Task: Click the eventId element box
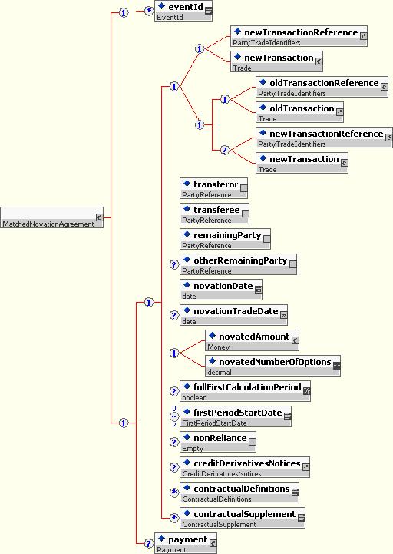point(183,11)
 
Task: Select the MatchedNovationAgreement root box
point(52,217)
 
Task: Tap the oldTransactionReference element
point(322,87)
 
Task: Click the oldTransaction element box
point(299,112)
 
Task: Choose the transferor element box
point(213,188)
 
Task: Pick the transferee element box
point(214,214)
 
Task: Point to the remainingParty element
point(225,239)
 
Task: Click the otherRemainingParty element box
point(239,264)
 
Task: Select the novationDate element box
point(221,290)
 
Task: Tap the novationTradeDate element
point(234,315)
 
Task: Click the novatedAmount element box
point(252,340)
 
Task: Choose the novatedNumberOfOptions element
point(273,366)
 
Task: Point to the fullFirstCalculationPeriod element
point(245,391)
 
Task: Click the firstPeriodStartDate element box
point(236,417)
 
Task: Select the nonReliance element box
point(218,443)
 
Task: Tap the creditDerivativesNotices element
point(245,468)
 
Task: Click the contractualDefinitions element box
point(239,493)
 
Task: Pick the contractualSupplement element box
point(243,519)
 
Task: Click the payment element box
point(186,543)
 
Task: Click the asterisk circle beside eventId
point(149,11)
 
